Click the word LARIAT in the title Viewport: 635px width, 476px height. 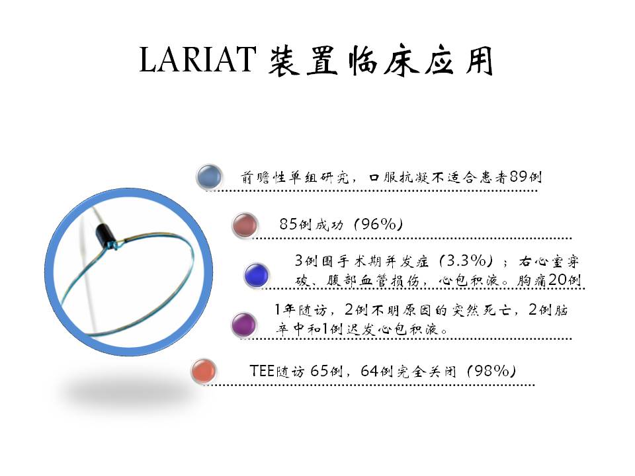[x=198, y=59]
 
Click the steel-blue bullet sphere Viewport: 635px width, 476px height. [x=210, y=177]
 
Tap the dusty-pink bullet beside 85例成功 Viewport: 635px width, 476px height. [x=245, y=224]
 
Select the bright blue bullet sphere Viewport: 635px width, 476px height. [x=257, y=275]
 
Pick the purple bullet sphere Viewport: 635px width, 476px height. [x=244, y=324]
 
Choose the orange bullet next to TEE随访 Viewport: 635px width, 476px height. [x=204, y=371]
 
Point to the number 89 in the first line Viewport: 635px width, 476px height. [x=519, y=177]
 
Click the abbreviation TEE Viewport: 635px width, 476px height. [x=262, y=371]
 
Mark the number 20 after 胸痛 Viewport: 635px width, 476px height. [x=557, y=280]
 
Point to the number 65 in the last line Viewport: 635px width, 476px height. [x=319, y=371]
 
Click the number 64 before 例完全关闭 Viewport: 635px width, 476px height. [x=369, y=371]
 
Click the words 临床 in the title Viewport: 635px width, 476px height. [x=384, y=60]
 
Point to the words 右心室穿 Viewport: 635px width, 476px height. [x=549, y=262]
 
